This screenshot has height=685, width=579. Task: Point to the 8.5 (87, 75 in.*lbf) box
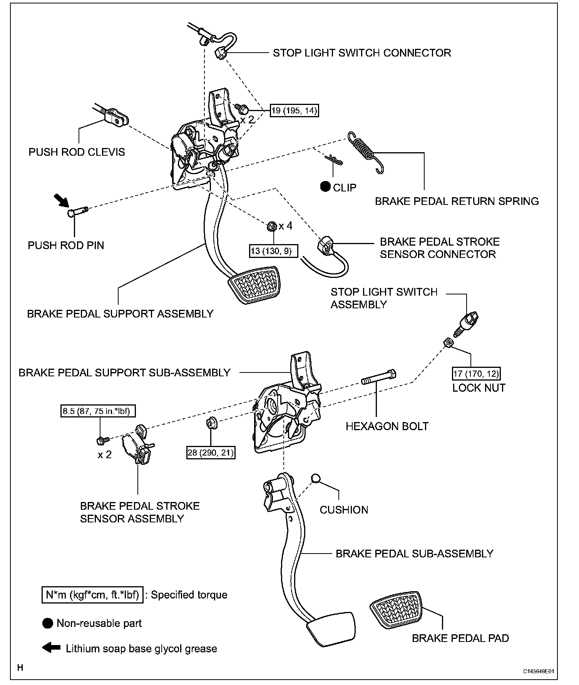pyautogui.click(x=99, y=411)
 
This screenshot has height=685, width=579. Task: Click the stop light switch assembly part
pyautogui.click(x=467, y=323)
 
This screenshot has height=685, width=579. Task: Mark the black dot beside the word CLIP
pyautogui.click(x=326, y=187)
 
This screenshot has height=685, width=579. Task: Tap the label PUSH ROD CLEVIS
pyautogui.click(x=77, y=152)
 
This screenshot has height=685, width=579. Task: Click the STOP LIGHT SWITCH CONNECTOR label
pyautogui.click(x=362, y=53)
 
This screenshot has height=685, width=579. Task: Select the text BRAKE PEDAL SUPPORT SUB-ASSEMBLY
pyautogui.click(x=124, y=372)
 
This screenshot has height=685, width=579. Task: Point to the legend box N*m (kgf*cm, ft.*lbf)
pyautogui.click(x=92, y=595)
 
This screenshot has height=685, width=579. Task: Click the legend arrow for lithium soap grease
pyautogui.click(x=51, y=648)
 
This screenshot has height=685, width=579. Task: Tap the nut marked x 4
pyautogui.click(x=271, y=226)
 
